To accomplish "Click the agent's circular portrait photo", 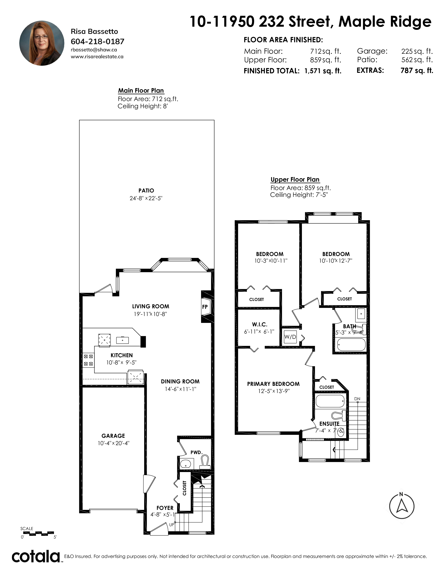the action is [x=42, y=43].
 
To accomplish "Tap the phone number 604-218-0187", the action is [x=97, y=42].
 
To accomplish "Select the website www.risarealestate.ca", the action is [x=97, y=56].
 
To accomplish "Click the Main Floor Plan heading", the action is [x=141, y=91].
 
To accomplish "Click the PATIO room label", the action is [x=146, y=191].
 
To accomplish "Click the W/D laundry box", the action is [x=290, y=337].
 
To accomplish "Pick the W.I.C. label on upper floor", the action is [x=259, y=324].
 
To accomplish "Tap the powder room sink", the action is [x=186, y=464].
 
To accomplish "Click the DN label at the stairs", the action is [x=357, y=399].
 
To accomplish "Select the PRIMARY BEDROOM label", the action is [x=273, y=384].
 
